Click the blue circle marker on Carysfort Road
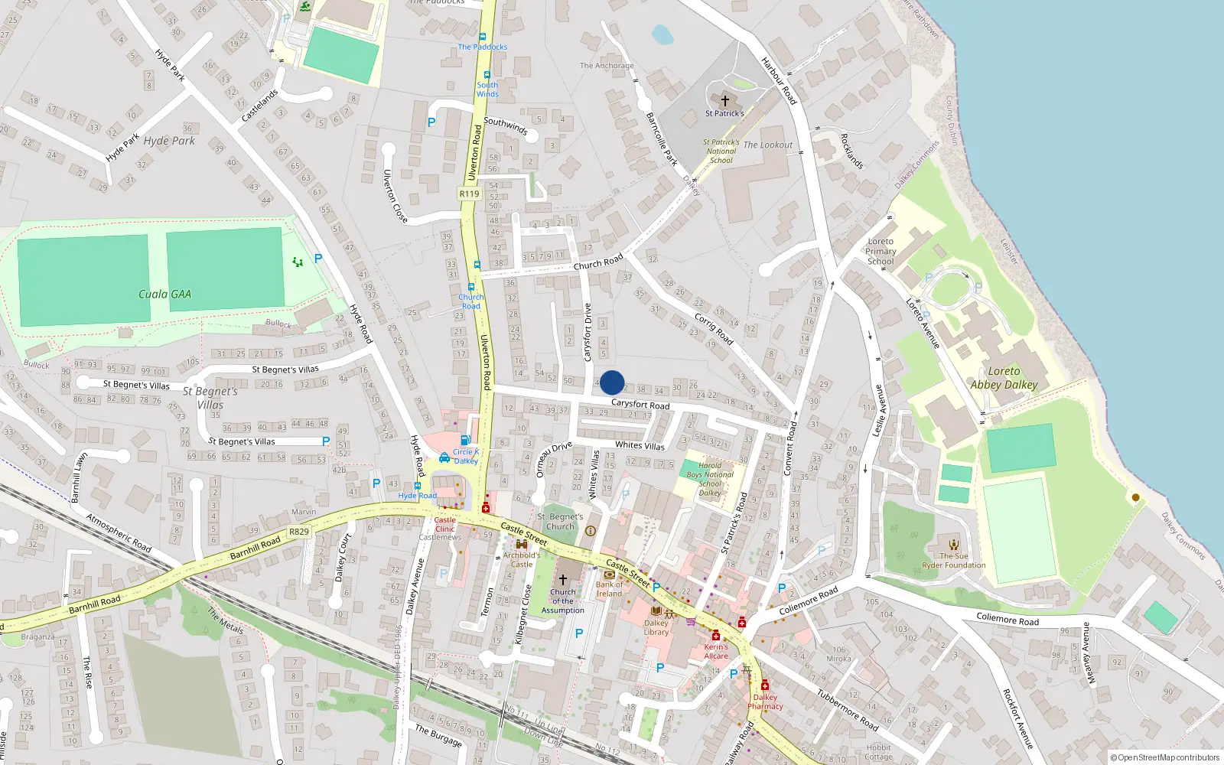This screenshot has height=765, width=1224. coord(612,382)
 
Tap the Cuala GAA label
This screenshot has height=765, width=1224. coord(164,294)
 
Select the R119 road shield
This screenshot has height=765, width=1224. coord(469,194)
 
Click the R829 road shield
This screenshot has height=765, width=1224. coord(299,532)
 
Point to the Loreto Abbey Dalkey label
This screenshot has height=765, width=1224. coord(1004,378)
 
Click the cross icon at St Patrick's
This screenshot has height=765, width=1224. coord(725,100)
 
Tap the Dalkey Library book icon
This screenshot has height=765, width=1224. coord(656,610)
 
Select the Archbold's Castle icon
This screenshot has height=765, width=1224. coord(522,544)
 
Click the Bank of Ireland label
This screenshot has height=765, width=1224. coord(609,589)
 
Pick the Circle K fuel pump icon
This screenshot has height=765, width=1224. coord(464,440)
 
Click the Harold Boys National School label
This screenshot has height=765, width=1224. coord(710,479)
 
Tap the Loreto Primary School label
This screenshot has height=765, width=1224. coord(881,251)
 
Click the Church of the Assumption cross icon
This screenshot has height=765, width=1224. coord(563,579)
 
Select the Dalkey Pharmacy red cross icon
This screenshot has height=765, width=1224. coord(764,685)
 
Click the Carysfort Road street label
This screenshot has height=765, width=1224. coord(640,404)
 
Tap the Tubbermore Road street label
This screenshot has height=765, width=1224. coord(847,709)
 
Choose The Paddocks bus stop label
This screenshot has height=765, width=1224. coord(483,47)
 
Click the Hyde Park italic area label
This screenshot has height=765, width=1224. coord(169,141)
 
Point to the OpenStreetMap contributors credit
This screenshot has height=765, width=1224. coord(1164,757)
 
